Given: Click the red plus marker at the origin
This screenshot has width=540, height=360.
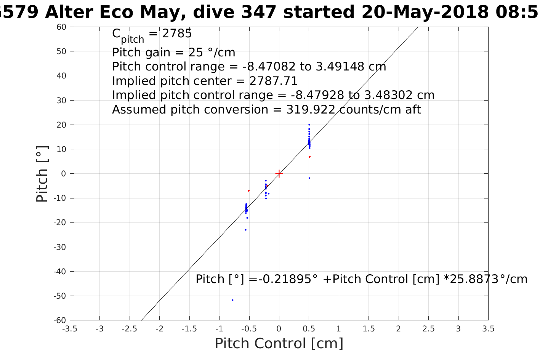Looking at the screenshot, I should click(x=279, y=174).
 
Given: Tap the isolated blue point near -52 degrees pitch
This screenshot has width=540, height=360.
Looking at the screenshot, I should click(x=232, y=300).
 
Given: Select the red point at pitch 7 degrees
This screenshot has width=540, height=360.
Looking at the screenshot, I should click(x=309, y=157).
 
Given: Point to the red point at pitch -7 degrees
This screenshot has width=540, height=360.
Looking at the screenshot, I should click(x=248, y=190).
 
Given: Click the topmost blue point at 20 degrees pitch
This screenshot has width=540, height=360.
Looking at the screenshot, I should click(x=309, y=125).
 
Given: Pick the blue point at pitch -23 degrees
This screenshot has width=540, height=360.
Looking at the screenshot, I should click(x=245, y=230).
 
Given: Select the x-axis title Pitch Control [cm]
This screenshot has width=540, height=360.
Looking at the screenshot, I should click(x=279, y=344).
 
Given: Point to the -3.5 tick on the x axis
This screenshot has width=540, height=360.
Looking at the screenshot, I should click(x=70, y=329).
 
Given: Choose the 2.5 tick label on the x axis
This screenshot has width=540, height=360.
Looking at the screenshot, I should click(x=428, y=329).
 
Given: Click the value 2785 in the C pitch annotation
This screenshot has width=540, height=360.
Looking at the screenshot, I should click(x=177, y=34).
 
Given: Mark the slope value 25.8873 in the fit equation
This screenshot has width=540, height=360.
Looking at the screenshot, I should click(x=473, y=279).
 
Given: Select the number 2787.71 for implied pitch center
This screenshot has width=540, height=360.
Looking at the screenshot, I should click(x=273, y=81).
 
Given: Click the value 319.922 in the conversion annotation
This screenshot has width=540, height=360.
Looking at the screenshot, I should click(x=311, y=110).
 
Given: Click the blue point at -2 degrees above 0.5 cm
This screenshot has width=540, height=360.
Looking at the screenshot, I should click(x=309, y=178).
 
